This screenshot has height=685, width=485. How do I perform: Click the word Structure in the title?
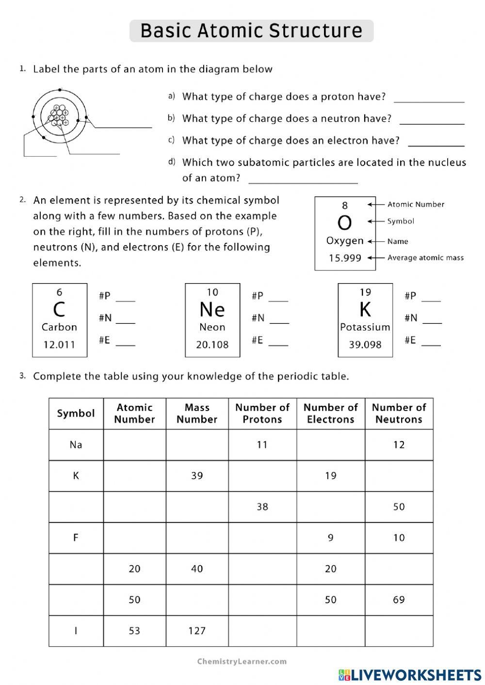[315, 31]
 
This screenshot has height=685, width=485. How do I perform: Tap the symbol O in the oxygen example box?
[344, 223]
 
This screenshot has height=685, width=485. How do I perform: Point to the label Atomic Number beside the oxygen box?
[416, 205]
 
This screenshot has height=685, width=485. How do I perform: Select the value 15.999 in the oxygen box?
[345, 258]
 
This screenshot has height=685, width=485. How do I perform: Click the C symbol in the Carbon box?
[59, 309]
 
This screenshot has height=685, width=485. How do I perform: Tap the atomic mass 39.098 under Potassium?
[365, 345]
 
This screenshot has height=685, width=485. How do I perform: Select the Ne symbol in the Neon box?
[212, 309]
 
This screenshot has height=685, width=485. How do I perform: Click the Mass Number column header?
[197, 414]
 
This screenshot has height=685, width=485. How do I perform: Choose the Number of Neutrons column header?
[399, 414]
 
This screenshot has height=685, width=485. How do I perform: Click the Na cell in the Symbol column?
[76, 445]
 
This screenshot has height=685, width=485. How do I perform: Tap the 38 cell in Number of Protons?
[262, 507]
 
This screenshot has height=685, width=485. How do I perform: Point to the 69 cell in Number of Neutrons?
[399, 600]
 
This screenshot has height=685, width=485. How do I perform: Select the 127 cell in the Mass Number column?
[197, 631]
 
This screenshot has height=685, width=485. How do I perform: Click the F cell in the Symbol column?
[76, 538]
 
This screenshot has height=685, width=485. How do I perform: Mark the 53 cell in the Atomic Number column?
[134, 631]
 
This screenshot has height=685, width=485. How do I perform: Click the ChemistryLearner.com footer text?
[242, 661]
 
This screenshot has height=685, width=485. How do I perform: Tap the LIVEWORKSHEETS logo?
[410, 675]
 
